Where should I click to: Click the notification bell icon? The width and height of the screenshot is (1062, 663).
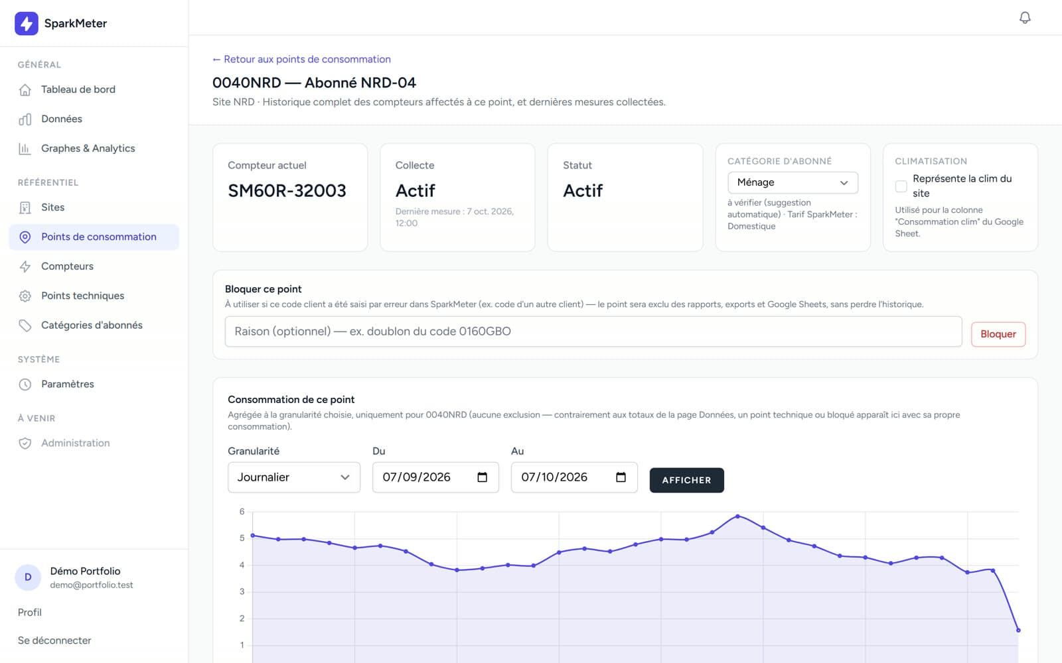pos(1025,17)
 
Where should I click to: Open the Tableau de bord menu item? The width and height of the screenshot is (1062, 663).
pos(78,90)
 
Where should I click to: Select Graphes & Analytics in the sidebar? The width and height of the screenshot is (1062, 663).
pos(88,149)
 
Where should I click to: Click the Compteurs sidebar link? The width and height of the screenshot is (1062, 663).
pos(67,266)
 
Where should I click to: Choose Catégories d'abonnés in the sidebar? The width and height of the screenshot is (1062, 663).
pos(92,325)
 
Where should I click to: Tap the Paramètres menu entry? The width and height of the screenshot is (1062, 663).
pos(67,384)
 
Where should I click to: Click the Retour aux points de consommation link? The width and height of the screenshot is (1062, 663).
pos(301,59)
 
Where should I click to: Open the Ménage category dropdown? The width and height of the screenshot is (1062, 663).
pos(793,182)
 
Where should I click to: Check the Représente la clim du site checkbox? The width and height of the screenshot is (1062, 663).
pos(901,186)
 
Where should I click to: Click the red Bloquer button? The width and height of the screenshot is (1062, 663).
pos(998,334)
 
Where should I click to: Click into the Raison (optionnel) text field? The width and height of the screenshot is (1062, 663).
pos(593,331)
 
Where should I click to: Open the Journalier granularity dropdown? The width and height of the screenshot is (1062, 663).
pos(294,477)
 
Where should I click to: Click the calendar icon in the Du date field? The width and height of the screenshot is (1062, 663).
pos(482,477)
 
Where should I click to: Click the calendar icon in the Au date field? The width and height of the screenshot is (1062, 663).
pos(621,477)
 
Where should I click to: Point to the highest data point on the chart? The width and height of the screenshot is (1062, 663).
pos(737,516)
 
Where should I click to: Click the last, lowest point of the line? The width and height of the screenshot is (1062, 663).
pos(1018,630)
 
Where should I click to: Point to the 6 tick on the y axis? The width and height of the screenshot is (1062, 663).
pos(242,511)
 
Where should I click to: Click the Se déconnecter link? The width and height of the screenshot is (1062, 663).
pos(54,640)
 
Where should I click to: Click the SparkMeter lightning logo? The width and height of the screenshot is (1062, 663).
pos(27,23)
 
